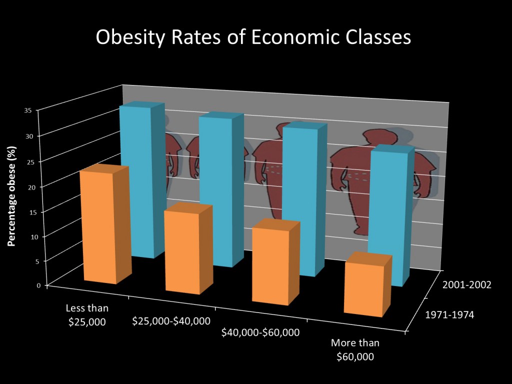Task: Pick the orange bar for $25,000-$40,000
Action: pyautogui.click(x=182, y=252)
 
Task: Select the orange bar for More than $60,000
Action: pyautogui.click(x=363, y=290)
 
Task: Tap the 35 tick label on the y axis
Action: pyautogui.click(x=28, y=110)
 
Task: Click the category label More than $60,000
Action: pyautogui.click(x=355, y=349)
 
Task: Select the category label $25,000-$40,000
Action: pyautogui.click(x=171, y=320)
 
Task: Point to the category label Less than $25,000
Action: pyautogui.click(x=87, y=314)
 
